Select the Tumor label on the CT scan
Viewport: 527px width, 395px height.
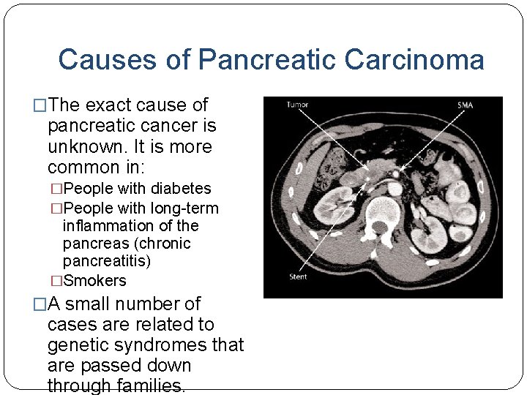coord(298,105)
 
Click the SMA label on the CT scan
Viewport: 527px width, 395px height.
coord(465,105)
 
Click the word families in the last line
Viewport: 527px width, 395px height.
coord(152,385)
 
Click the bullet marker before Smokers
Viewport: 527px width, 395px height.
coord(56,281)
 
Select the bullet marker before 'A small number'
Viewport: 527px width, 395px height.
coord(40,304)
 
